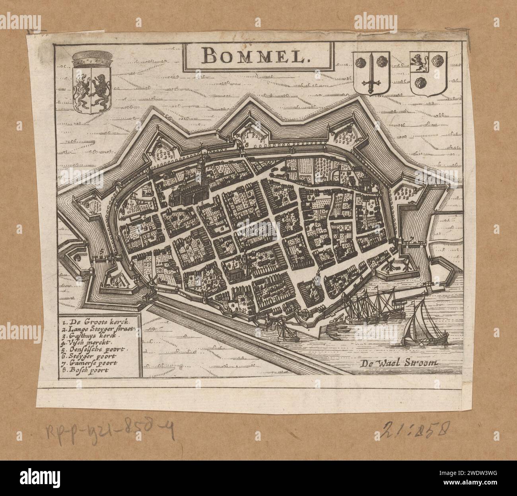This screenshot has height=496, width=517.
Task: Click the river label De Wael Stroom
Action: click(399, 362)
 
